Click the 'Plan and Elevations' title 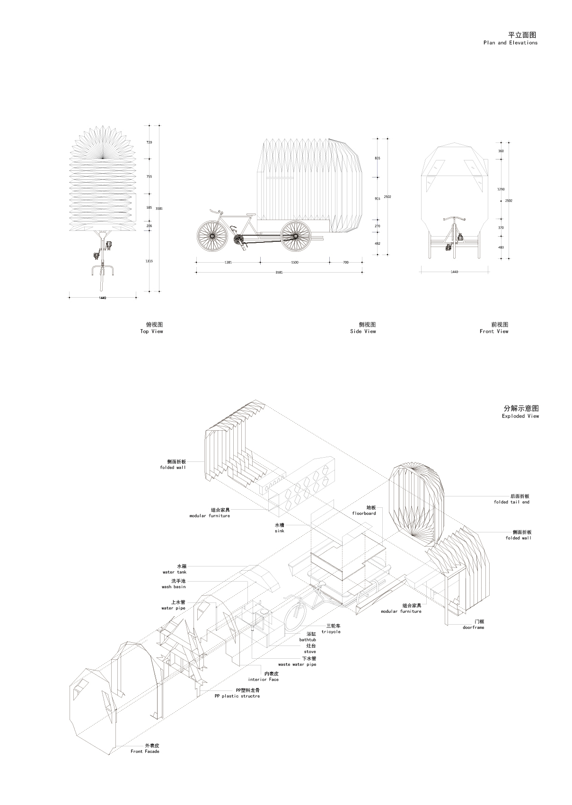coord(510,43)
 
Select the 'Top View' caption coord(151,331)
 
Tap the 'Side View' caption coord(363,331)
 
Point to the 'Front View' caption coord(494,331)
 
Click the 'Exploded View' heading coord(520,416)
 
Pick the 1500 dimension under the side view coord(295,262)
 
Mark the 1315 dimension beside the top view coord(150,261)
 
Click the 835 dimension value coord(378,158)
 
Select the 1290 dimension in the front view coord(501,189)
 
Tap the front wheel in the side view coord(212,236)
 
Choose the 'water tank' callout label coord(175,572)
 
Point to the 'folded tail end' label coord(511,502)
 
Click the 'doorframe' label coord(473,628)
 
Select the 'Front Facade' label coord(145,752)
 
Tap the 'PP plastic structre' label coord(237,696)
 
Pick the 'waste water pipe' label coord(297,664)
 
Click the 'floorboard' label coord(364,513)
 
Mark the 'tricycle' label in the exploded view coord(331,632)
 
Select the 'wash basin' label coord(174,587)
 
